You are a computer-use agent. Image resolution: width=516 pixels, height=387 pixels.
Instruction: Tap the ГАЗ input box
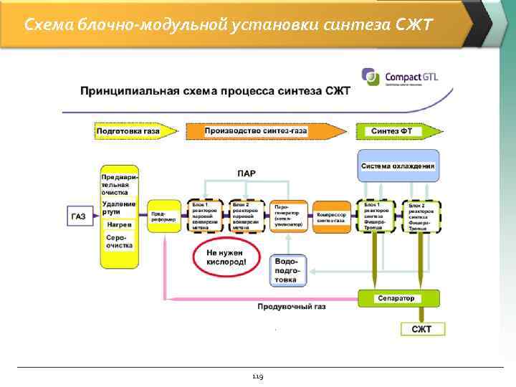(79, 216)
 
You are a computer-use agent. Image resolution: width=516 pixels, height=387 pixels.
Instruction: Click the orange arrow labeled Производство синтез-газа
(265, 132)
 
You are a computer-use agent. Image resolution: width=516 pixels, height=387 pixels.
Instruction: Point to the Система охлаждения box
(398, 166)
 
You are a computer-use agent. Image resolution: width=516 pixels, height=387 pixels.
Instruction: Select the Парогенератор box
(288, 216)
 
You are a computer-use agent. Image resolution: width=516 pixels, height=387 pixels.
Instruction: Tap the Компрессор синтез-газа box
(331, 216)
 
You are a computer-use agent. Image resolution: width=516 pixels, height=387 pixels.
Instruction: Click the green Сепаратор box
(398, 298)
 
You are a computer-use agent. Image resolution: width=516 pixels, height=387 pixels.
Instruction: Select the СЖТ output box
(422, 329)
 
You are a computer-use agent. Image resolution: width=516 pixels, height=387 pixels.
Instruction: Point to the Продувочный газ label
(292, 307)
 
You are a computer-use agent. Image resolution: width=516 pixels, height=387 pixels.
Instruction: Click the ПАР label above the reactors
(247, 173)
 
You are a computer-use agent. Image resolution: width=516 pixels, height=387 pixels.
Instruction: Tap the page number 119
(257, 376)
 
